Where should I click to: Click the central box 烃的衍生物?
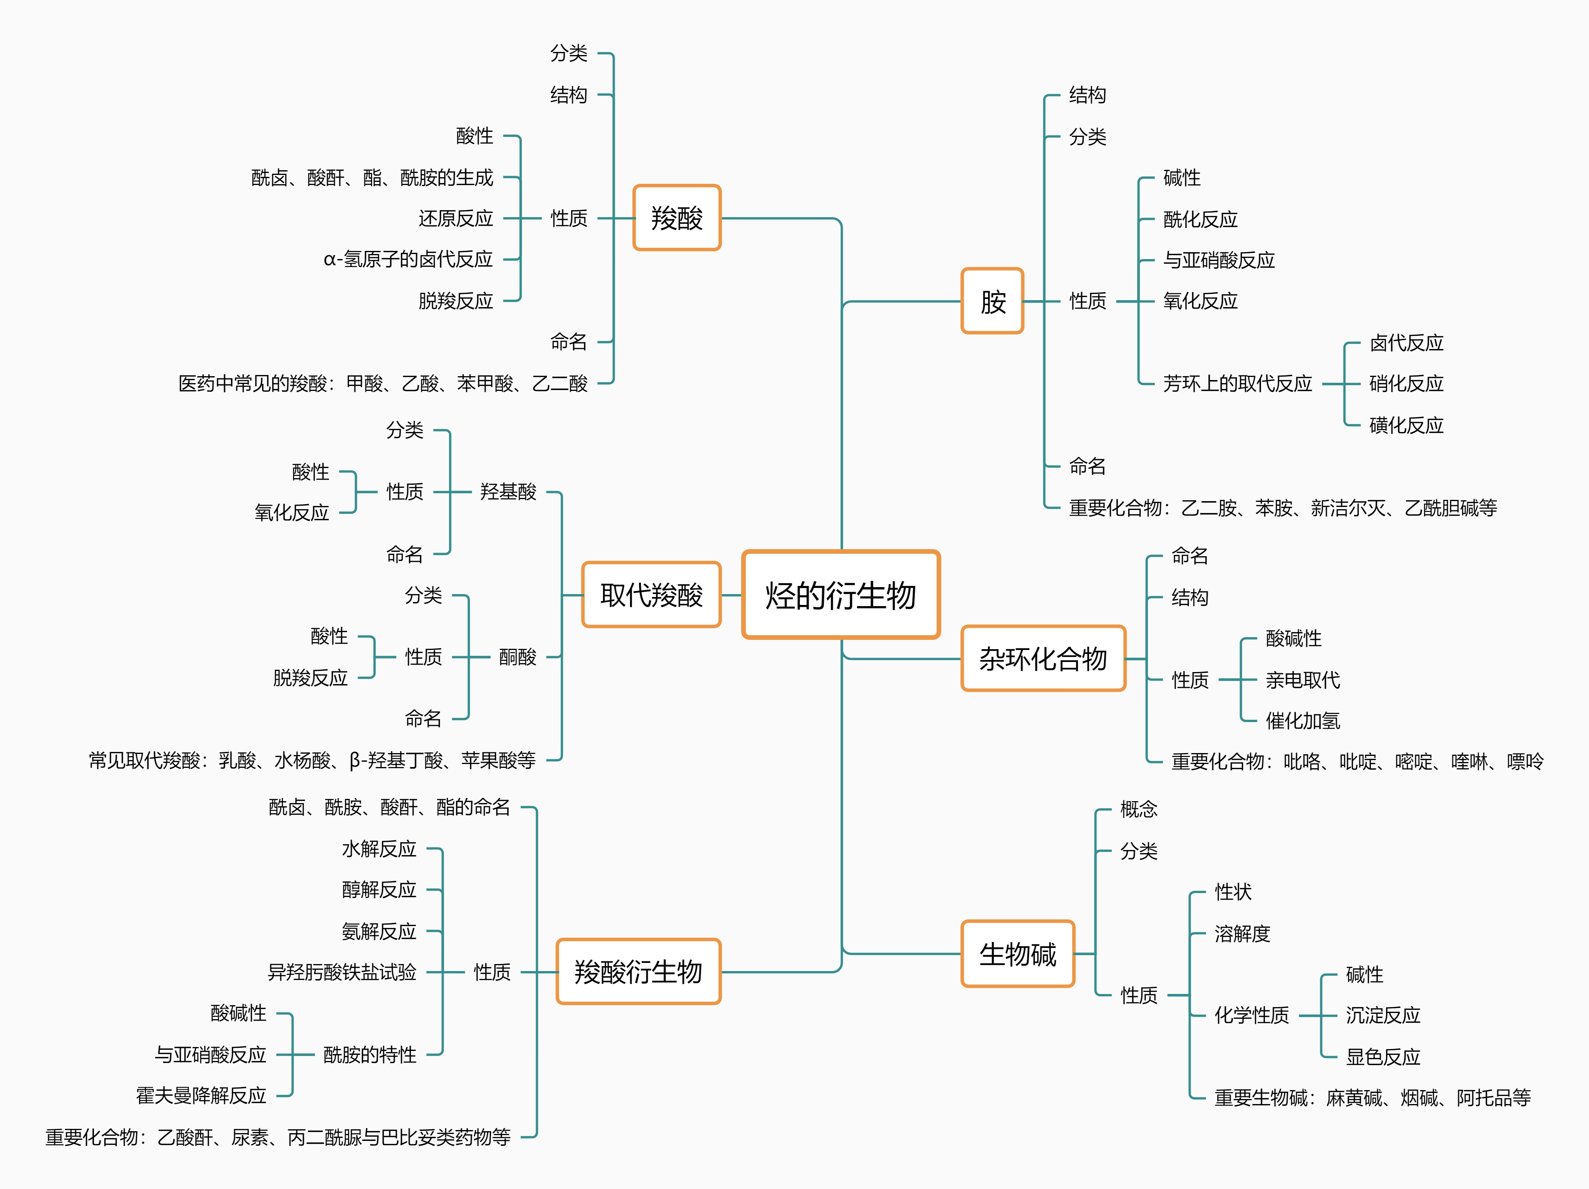coord(840,595)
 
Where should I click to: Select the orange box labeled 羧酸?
coord(677,218)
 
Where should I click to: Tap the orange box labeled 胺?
coord(992,301)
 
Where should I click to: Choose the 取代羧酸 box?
coord(651,595)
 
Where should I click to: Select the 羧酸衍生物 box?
coord(638,971)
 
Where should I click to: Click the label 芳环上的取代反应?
coord(1237,384)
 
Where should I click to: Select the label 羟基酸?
coord(508,492)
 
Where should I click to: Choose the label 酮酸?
coord(517,657)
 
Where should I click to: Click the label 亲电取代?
coord(1302,680)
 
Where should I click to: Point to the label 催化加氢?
coord(1302,721)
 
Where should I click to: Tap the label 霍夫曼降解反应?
coord(201,1096)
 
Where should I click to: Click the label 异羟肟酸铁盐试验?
coord(342,972)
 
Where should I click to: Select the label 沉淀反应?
coord(1383,1015)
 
